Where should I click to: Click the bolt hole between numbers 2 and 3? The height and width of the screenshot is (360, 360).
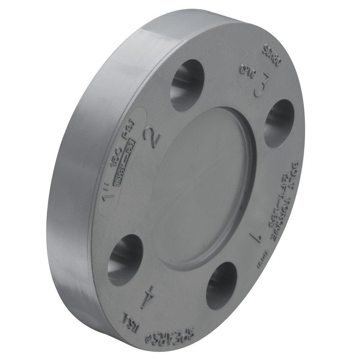(187, 85)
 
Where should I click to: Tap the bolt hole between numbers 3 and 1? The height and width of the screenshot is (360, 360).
(280, 122)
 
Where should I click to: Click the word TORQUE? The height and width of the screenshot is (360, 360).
(290, 206)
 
